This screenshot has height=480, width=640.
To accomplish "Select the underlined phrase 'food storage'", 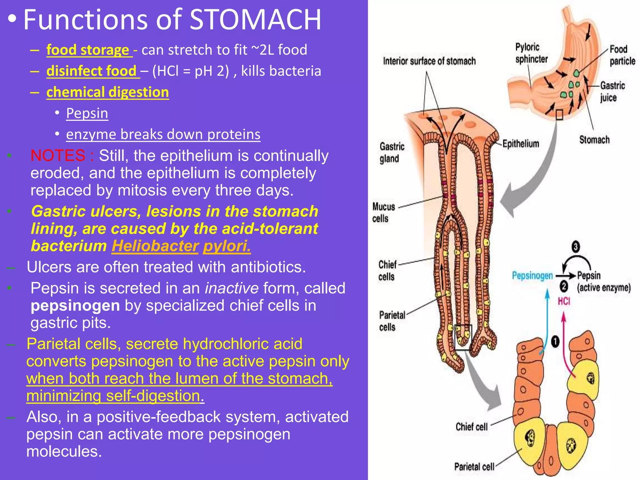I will tap(88, 50).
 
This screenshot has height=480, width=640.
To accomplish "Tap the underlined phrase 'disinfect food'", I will tap(92, 71).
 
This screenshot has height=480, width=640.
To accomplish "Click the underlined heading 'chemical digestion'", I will tap(107, 92).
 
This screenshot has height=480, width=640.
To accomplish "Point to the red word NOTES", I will tap(58, 155).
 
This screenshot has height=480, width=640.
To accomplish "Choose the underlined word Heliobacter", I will tap(155, 246).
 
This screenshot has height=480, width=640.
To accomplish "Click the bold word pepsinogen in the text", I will tap(75, 306).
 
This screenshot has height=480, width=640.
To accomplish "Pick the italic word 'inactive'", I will tap(232, 288).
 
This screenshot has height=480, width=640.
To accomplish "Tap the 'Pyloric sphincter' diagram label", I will tap(531, 53).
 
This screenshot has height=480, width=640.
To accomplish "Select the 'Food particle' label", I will tap(622, 55).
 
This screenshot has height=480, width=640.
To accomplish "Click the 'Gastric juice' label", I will tap(612, 92).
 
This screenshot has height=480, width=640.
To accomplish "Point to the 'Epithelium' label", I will tap(521, 144).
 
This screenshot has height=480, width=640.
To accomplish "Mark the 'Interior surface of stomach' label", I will tap(429, 61).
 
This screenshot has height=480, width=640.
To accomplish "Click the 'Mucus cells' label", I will tap(383, 212).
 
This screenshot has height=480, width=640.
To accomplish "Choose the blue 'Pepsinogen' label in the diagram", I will tap(532, 276).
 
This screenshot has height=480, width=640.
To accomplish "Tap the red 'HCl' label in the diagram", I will tap(564, 301).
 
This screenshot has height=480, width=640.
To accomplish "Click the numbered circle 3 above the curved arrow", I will tap(576, 247).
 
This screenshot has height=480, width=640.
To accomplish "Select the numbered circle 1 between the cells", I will tap(555, 341).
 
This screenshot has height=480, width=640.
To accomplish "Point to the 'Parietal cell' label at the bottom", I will tap(474, 467).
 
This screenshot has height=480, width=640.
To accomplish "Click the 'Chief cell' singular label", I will tap(471, 427).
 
